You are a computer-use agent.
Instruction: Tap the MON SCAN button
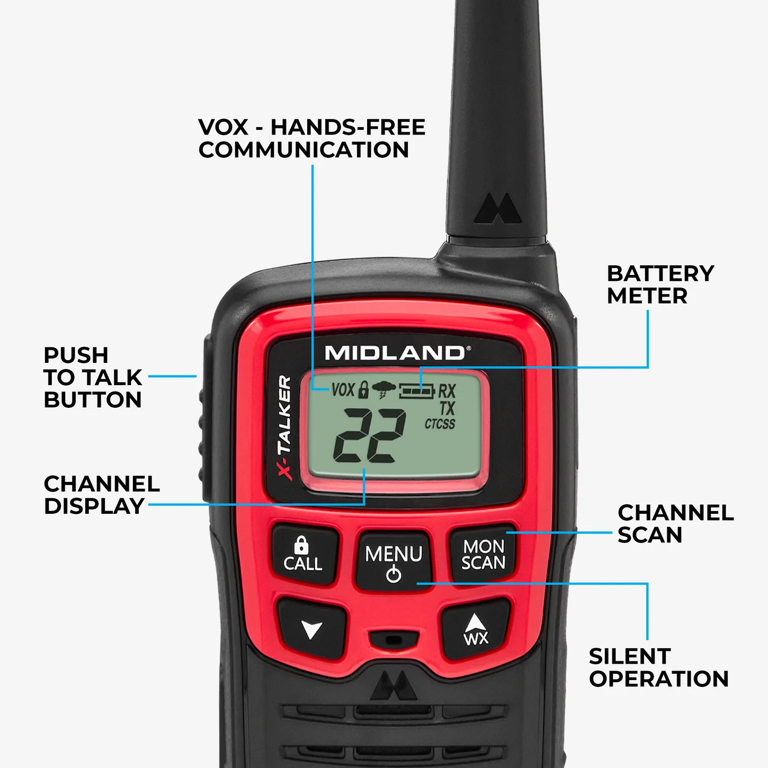[x=483, y=555]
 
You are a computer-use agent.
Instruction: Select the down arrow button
[x=311, y=629]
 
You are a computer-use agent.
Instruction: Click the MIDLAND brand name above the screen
[x=395, y=353]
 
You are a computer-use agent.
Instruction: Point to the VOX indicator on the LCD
[x=343, y=390]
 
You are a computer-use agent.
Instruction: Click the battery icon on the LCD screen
[x=417, y=391]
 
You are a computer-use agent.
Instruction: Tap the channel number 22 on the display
[x=370, y=435]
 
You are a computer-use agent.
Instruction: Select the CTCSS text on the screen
[x=440, y=424]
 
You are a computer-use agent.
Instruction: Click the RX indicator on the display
[x=446, y=391]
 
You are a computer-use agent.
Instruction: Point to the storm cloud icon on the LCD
[x=383, y=390]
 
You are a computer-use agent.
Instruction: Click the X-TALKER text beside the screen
[x=285, y=426]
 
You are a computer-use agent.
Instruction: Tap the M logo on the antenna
[x=498, y=209]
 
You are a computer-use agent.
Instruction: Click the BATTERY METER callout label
[x=660, y=284]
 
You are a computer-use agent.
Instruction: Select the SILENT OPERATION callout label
[x=658, y=667]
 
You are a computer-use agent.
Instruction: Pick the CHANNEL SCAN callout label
[x=675, y=524]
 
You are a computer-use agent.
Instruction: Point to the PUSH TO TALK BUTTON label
[x=93, y=377]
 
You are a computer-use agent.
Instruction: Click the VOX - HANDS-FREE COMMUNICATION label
[x=311, y=138]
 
